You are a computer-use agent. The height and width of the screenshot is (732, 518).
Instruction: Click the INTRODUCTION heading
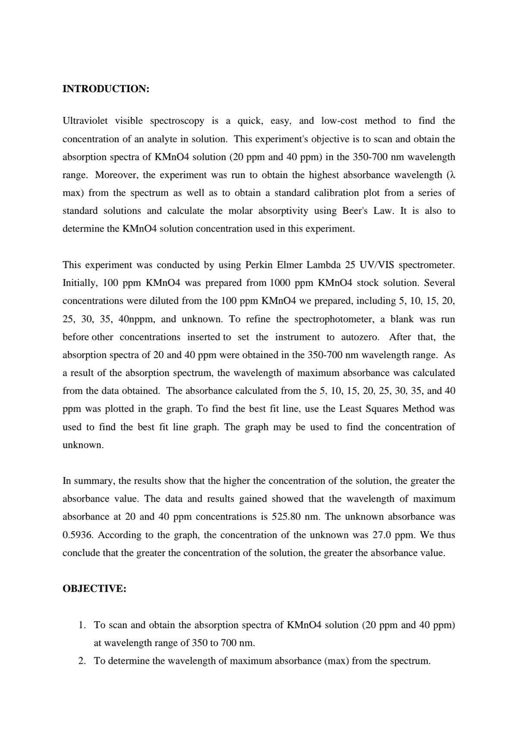coord(106,89)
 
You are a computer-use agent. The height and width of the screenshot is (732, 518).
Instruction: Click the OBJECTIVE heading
coord(94,589)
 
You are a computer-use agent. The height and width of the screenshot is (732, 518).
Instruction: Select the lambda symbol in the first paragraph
coord(452,175)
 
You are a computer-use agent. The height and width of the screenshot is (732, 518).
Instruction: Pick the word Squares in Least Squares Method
coord(382,408)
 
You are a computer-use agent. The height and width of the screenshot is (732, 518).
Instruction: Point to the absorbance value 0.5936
coord(78,535)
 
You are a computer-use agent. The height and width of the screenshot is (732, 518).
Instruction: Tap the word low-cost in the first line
coord(339,121)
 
